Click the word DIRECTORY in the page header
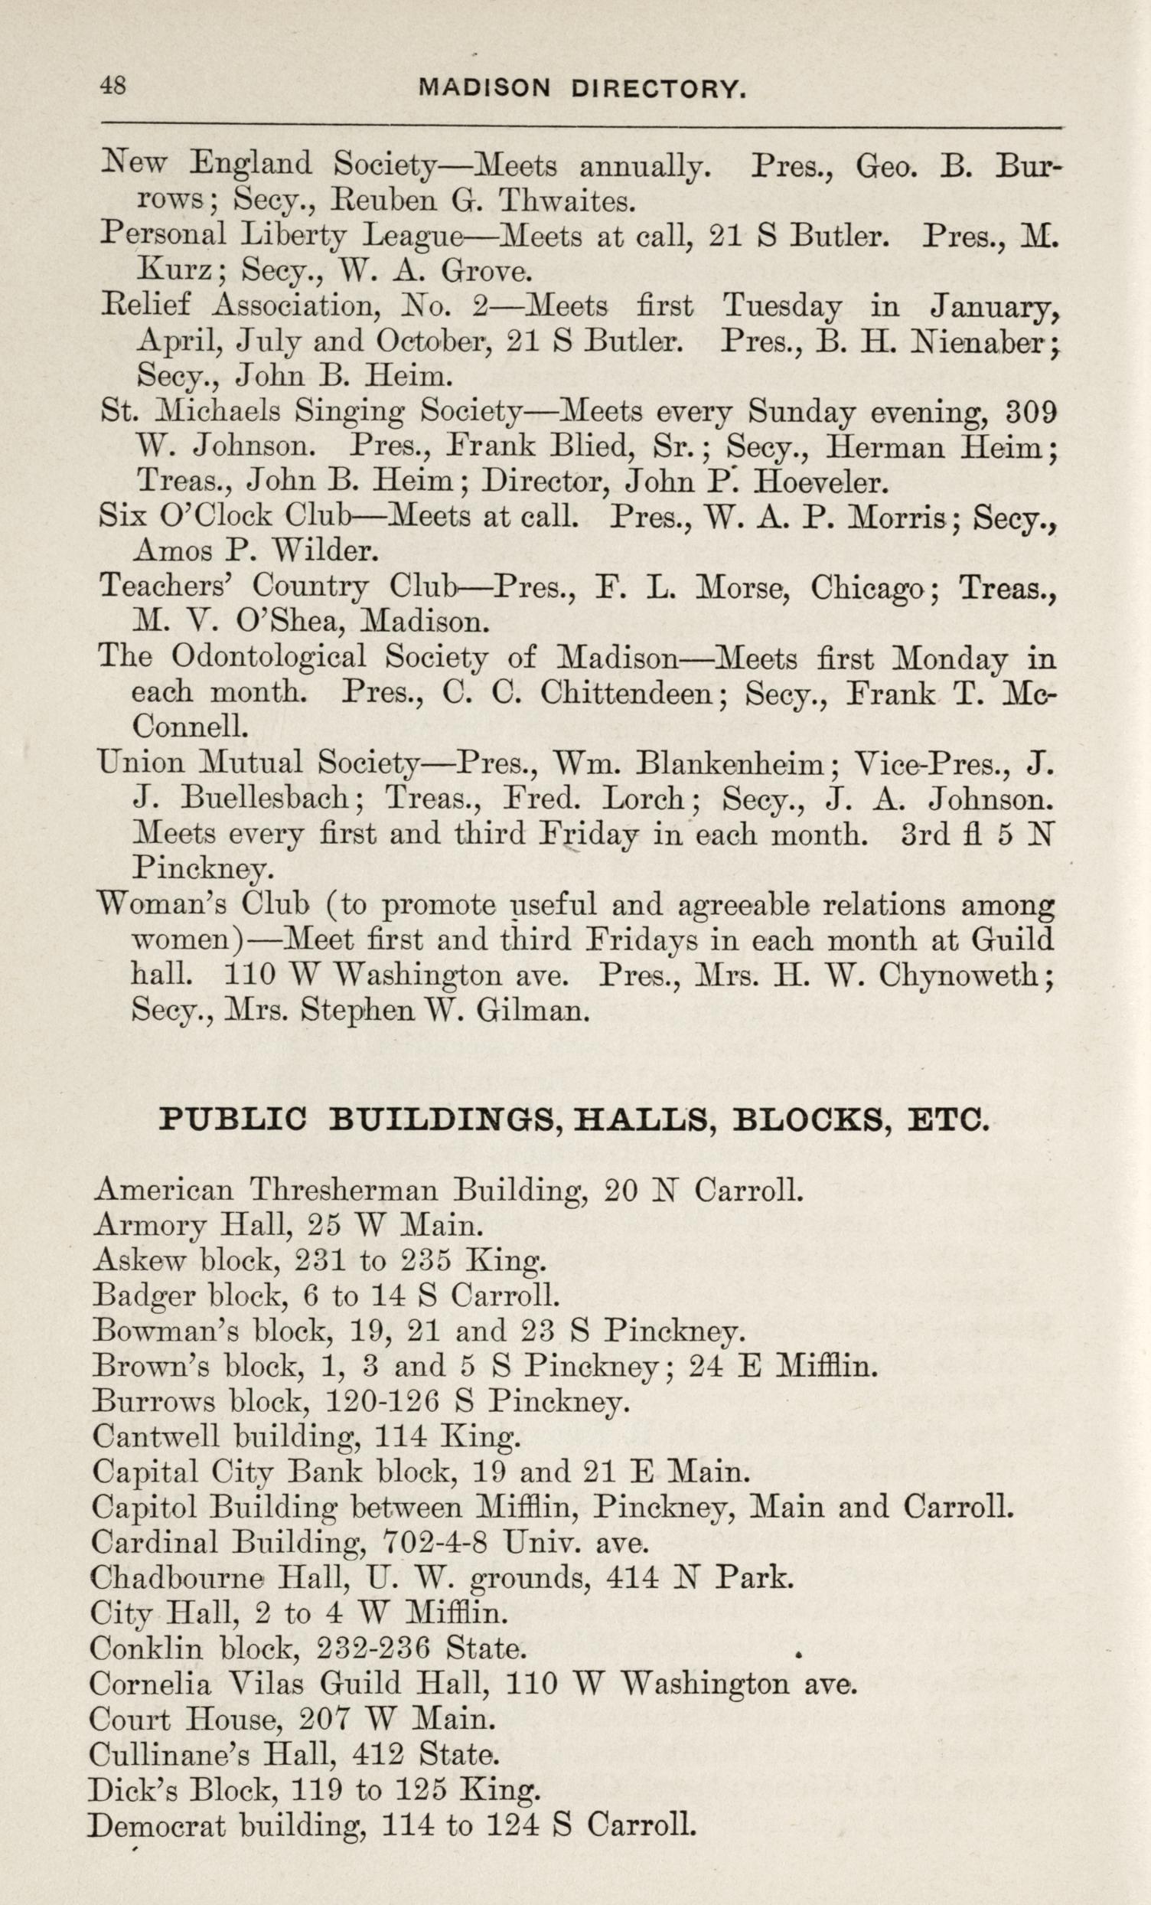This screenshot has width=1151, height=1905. (x=659, y=90)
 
